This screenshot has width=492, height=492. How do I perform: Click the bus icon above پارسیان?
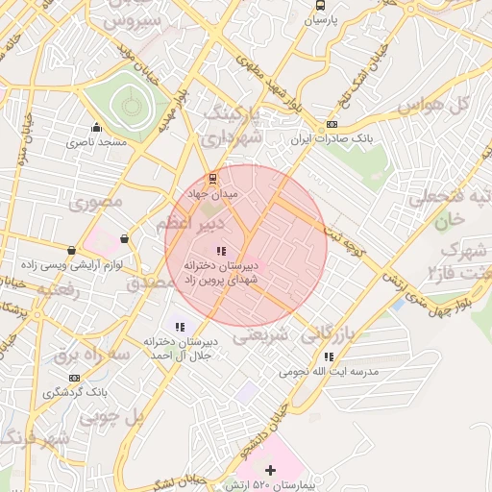(x=319, y=4)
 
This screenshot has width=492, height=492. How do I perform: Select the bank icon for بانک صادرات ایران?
(x=332, y=124)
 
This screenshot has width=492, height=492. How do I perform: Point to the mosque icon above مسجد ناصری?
(x=96, y=128)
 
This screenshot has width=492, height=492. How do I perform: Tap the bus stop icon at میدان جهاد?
(x=213, y=179)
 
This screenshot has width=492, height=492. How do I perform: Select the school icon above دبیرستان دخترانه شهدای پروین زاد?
(x=222, y=251)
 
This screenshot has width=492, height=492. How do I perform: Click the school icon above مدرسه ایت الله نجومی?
(x=330, y=357)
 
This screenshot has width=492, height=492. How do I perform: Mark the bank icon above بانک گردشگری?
(x=49, y=392)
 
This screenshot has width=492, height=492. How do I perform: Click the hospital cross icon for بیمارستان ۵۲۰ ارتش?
(x=270, y=470)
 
